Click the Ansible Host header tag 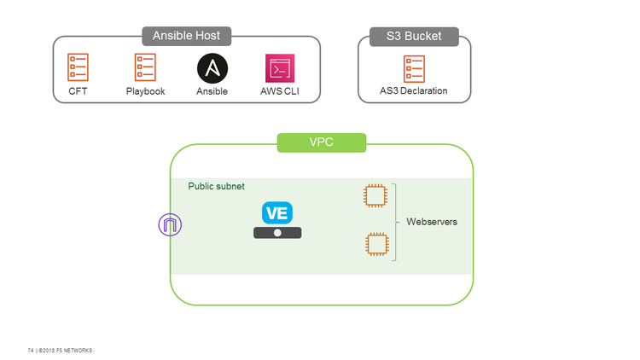point(186,36)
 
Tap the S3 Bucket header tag point(415,37)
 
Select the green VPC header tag point(322,142)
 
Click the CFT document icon point(78,67)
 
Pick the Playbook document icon point(145,67)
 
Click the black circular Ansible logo point(212,67)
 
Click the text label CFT point(78,91)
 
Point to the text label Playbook point(145,91)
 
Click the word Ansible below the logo point(212,91)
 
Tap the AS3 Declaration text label point(414,91)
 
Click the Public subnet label point(216,186)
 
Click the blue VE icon point(277,213)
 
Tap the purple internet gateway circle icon point(170,225)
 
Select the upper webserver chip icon point(374,196)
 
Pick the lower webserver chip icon point(374,245)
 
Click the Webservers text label point(432,222)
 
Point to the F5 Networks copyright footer point(60,351)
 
